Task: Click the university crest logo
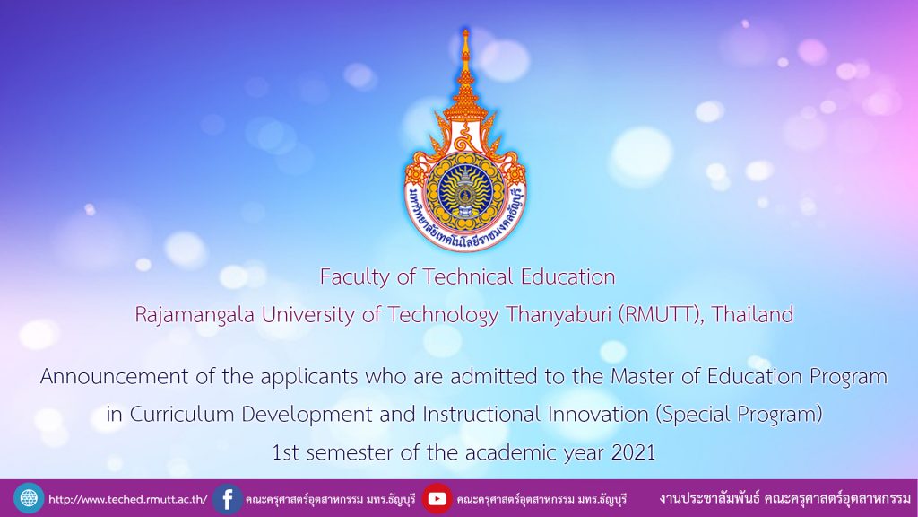point(465,142)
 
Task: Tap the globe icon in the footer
point(29,499)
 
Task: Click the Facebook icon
point(227,499)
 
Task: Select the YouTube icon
point(437,499)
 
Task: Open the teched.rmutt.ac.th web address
point(127,499)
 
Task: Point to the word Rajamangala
point(195,315)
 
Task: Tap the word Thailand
point(752,314)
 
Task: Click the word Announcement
point(114,376)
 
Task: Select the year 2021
point(633,452)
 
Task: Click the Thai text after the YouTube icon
point(541,499)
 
